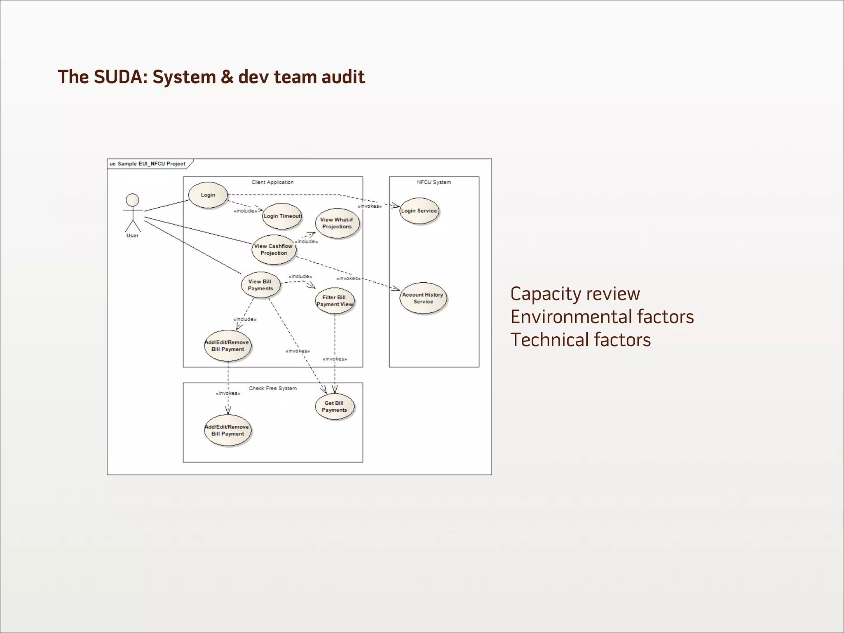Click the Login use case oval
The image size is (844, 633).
click(208, 195)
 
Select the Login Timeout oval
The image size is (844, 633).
click(282, 216)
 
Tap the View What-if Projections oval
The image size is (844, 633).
click(337, 223)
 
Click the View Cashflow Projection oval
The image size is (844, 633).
click(274, 249)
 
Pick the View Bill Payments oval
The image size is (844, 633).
click(260, 285)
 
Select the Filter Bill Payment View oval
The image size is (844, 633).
click(334, 301)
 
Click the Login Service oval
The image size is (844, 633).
click(419, 211)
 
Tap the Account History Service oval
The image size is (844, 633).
click(423, 298)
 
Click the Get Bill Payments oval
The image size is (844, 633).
click(334, 406)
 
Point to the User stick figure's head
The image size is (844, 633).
click(132, 200)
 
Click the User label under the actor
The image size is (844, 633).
click(132, 236)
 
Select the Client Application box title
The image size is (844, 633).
click(272, 182)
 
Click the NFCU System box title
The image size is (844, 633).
click(434, 182)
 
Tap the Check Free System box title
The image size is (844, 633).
click(272, 388)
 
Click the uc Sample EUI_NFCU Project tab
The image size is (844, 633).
click(148, 164)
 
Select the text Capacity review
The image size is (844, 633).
click(575, 294)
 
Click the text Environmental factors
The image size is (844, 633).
click(602, 317)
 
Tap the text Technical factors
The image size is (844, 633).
click(580, 340)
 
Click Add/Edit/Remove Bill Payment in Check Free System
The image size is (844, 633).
click(227, 430)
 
